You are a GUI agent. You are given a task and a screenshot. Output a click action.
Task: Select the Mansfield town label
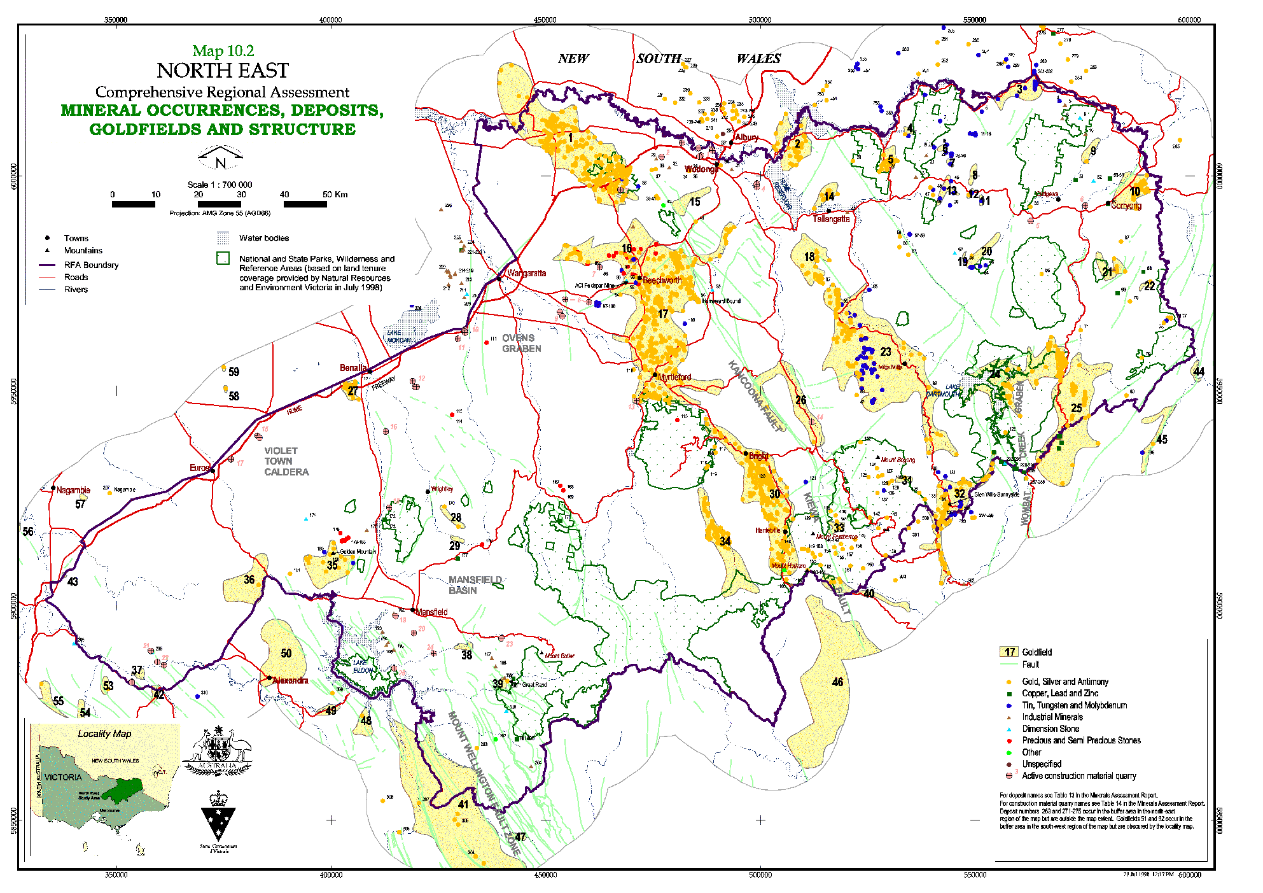click(432, 612)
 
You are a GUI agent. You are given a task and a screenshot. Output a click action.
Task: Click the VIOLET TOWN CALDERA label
click(286, 461)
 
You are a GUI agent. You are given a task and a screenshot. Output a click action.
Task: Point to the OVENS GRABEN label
click(521, 343)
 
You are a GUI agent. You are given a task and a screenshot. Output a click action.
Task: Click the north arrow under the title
click(220, 158)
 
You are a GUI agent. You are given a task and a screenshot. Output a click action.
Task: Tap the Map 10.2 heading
click(223, 51)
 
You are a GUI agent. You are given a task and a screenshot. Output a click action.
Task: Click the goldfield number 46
click(837, 682)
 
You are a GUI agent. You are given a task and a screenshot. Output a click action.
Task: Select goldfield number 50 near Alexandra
click(286, 653)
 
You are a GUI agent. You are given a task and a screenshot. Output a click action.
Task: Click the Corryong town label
click(1126, 206)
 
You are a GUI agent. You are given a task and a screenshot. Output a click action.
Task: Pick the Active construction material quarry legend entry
click(1078, 776)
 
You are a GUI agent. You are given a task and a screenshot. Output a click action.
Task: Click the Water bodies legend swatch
click(223, 238)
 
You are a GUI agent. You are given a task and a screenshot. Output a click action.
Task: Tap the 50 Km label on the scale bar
click(335, 194)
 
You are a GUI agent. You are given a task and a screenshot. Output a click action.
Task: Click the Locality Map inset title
click(104, 734)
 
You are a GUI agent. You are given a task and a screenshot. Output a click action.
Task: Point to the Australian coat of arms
click(218, 752)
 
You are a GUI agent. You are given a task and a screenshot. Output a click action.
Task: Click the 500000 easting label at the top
click(760, 20)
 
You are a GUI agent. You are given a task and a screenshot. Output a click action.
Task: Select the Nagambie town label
click(73, 490)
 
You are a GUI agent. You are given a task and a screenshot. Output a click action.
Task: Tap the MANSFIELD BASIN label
click(475, 585)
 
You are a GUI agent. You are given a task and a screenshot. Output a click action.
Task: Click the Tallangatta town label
click(831, 219)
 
